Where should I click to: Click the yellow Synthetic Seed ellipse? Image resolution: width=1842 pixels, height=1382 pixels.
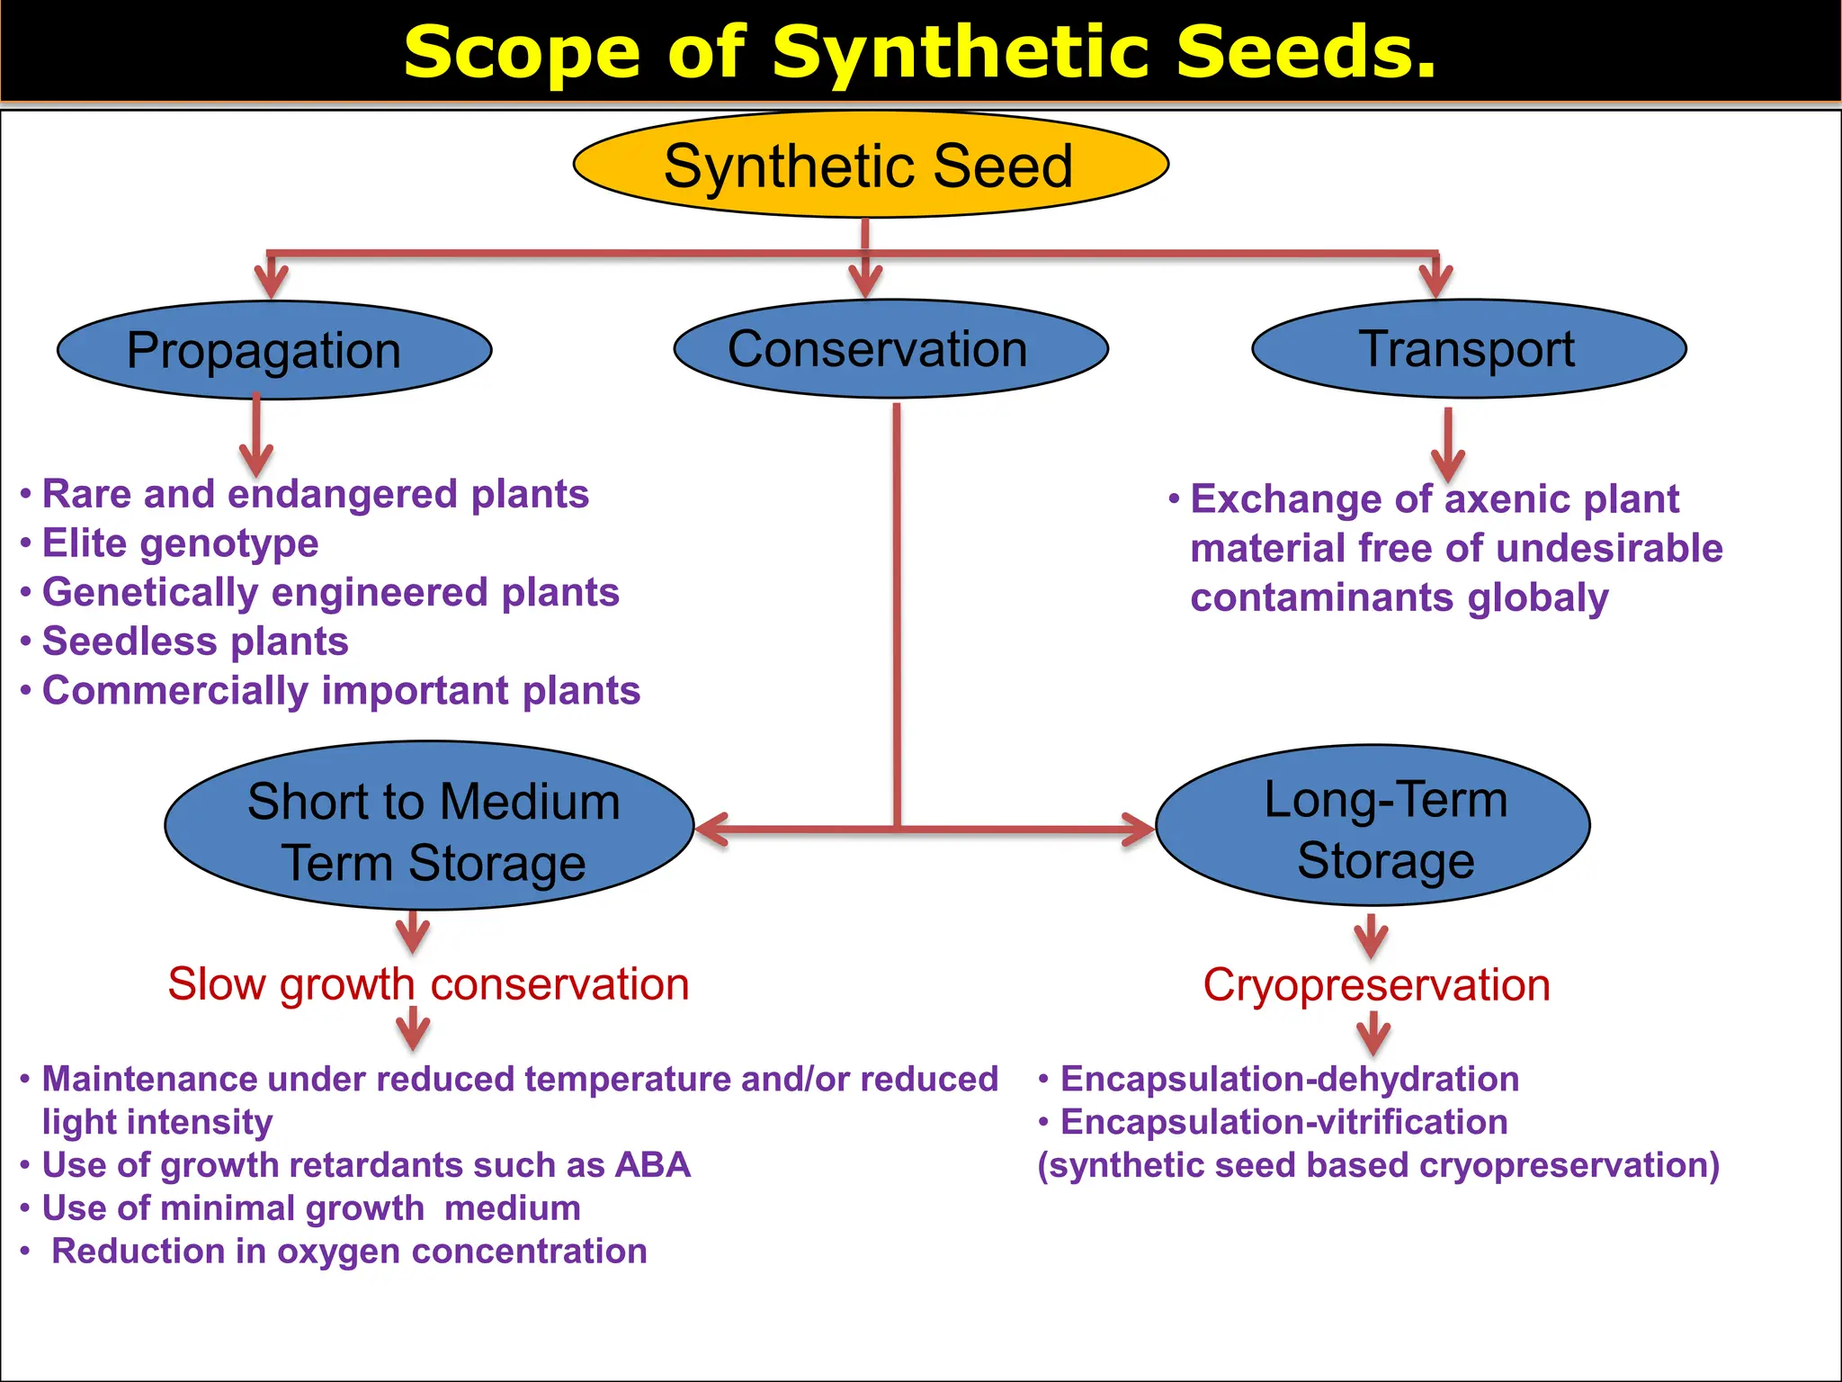click(x=870, y=165)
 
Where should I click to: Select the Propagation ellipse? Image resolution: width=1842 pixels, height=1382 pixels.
click(x=274, y=350)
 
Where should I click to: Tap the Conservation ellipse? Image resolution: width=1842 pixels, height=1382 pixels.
click(x=890, y=349)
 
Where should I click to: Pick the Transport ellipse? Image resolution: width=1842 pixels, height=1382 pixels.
click(x=1469, y=348)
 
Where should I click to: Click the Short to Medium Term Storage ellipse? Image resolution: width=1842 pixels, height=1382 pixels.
click(x=430, y=826)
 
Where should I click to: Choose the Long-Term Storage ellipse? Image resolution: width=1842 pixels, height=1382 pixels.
click(x=1373, y=825)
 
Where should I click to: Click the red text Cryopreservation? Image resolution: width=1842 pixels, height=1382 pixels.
click(x=1376, y=984)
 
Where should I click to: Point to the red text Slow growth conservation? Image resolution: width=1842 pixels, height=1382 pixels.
click(x=428, y=983)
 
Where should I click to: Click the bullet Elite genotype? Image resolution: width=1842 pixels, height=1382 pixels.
click(x=180, y=543)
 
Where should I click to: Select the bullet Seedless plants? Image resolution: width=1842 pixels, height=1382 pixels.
click(x=195, y=642)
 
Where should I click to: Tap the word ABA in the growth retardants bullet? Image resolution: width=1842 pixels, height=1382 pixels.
click(x=653, y=1165)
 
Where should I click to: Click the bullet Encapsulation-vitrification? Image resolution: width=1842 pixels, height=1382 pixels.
click(x=1283, y=1122)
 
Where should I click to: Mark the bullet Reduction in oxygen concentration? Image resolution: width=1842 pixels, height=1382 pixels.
click(x=349, y=1252)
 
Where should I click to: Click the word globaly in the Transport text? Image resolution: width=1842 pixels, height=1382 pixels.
click(x=1538, y=597)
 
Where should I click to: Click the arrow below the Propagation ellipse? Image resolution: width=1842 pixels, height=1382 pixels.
click(x=256, y=436)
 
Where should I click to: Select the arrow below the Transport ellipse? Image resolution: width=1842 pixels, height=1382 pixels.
click(x=1448, y=444)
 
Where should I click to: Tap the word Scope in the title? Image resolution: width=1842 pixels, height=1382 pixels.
click(x=522, y=52)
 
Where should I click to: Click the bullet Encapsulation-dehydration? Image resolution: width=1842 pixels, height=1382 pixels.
click(x=1289, y=1079)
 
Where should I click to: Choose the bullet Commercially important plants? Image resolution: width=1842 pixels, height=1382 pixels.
click(x=341, y=691)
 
